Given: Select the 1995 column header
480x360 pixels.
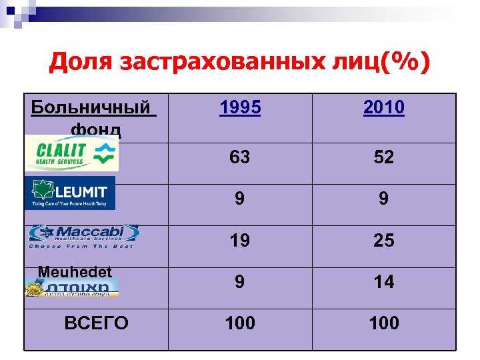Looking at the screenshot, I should click(240, 108).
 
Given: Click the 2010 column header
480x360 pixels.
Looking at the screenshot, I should click(384, 108).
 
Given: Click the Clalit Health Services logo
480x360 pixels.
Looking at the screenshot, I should click(71, 153).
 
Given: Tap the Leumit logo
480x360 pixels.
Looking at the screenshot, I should click(69, 193).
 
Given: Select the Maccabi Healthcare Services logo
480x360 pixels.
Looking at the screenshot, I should click(83, 236).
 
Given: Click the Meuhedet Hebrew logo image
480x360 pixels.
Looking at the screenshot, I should click(72, 287).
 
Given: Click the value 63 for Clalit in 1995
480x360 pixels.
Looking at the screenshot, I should click(240, 157).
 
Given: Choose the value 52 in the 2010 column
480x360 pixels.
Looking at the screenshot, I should click(384, 157).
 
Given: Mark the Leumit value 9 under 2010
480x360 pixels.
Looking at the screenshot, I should click(384, 199).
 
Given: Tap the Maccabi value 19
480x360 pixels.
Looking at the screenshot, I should click(240, 240).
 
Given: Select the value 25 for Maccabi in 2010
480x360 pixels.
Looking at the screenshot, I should click(384, 240).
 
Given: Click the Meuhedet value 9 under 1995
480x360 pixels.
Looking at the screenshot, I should click(240, 281).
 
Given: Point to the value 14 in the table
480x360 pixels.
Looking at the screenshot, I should click(384, 281).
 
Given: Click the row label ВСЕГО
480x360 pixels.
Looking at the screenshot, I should click(96, 323).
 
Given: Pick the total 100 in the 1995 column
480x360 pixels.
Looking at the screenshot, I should click(240, 323).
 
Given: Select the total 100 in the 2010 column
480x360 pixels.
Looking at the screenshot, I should click(384, 323).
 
